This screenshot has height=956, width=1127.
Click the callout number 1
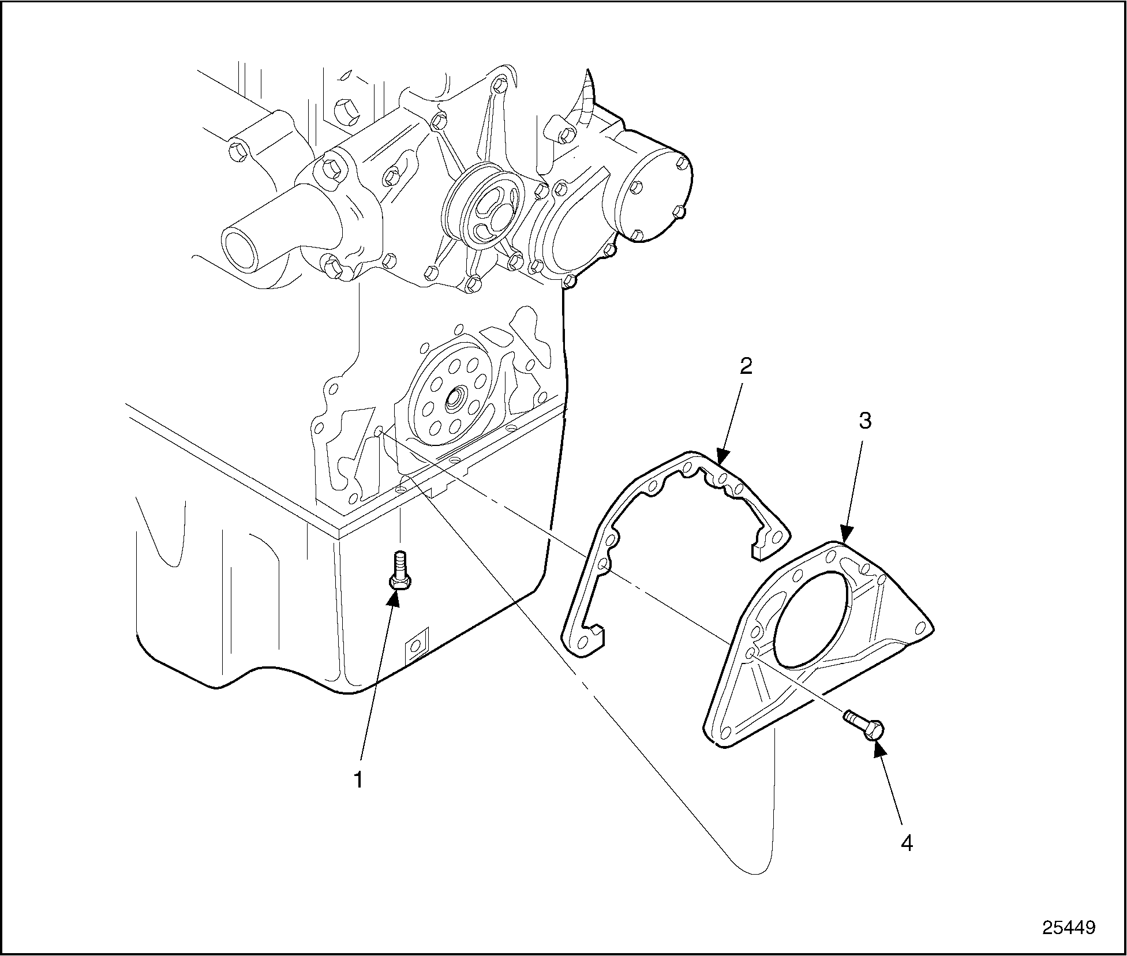tap(358, 780)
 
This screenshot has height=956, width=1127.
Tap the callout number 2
tap(746, 366)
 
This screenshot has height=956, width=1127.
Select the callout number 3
tap(865, 422)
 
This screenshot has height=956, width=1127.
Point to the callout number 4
tap(907, 843)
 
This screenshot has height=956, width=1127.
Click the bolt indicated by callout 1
tap(399, 571)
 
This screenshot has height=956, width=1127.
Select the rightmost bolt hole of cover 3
tap(920, 627)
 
